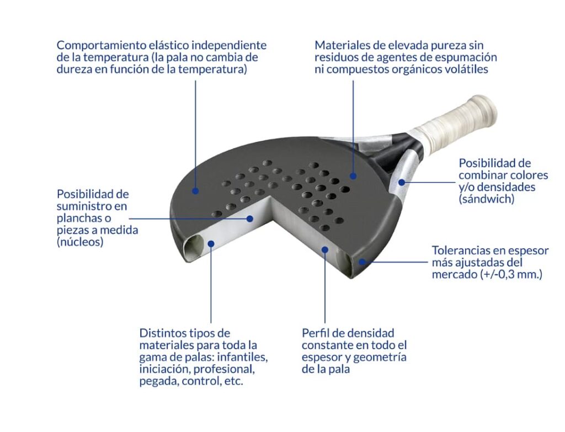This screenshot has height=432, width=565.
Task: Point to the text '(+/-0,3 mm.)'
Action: [x=511, y=275]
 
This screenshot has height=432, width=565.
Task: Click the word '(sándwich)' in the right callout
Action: [x=487, y=199]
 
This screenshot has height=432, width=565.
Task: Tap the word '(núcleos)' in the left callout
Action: [x=80, y=242]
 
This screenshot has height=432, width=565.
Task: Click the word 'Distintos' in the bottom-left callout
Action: [x=162, y=333]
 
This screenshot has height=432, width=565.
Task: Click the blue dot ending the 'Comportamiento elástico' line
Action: [x=195, y=191]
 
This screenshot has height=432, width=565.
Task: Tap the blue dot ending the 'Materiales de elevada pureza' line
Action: [x=353, y=176]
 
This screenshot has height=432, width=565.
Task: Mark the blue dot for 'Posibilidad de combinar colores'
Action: [x=402, y=182]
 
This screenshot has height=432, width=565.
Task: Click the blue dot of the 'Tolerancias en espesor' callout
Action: [x=362, y=262]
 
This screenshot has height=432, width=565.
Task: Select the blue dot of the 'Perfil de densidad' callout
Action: [x=325, y=249]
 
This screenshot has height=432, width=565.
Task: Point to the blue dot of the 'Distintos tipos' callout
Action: [x=211, y=244]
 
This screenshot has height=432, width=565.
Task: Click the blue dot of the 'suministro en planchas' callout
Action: [x=250, y=218]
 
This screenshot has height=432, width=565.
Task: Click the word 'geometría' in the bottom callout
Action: [x=380, y=358]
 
